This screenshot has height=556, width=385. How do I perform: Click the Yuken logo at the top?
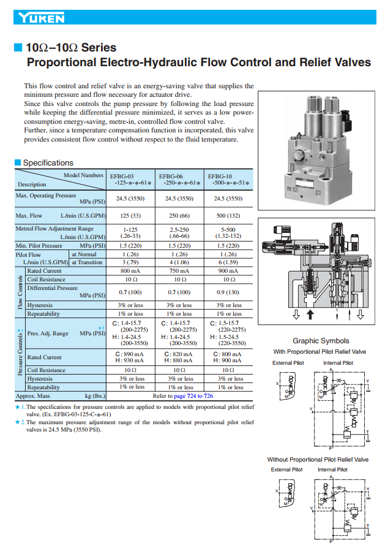[x=41, y=18]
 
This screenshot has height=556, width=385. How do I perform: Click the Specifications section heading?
[x=48, y=163]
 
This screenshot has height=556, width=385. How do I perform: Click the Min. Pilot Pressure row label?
[x=39, y=245]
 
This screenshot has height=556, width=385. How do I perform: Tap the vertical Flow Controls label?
[x=20, y=292]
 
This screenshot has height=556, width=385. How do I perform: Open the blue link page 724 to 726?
[x=192, y=396]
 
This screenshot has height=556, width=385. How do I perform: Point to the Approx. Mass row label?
[x=33, y=396]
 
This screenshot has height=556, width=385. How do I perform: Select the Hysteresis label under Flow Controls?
[x=40, y=305]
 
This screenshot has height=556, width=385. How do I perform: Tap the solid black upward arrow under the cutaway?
[x=310, y=314]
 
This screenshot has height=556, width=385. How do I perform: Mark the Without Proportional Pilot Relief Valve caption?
[x=318, y=459]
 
